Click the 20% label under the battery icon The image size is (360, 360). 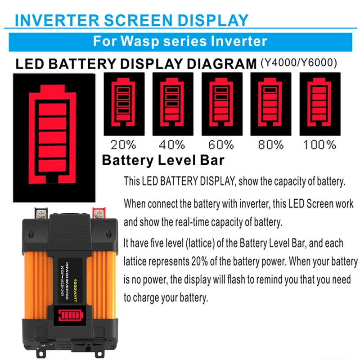click(123, 144)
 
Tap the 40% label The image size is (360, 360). click(171, 144)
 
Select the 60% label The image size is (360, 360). click(221, 144)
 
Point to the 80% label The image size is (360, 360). click(270, 144)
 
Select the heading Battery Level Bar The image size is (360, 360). click(163, 160)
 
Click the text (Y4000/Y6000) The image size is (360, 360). click(298, 63)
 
